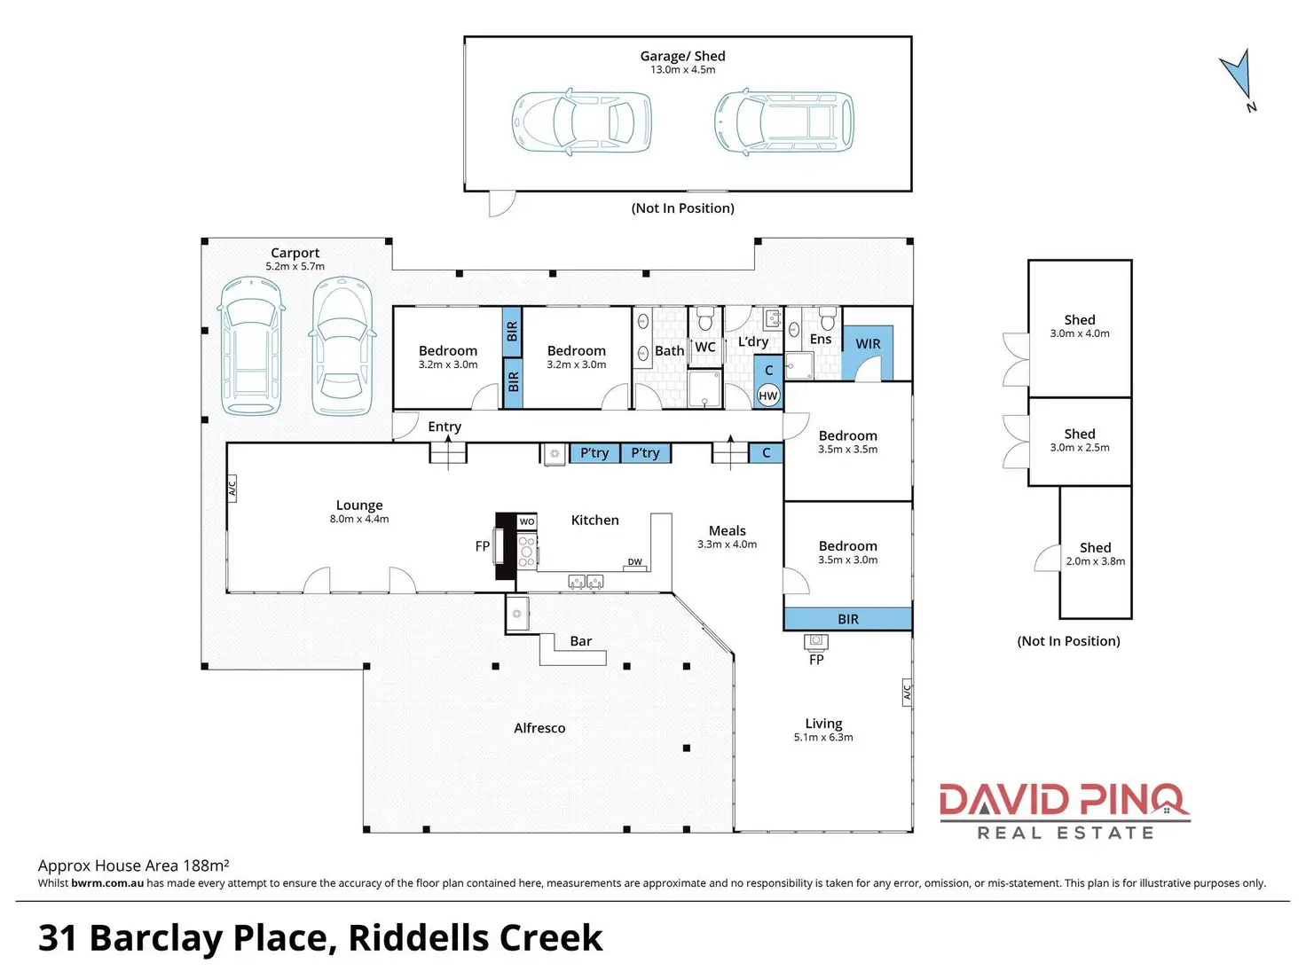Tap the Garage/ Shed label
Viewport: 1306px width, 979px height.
(x=682, y=56)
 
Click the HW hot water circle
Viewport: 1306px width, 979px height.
(x=768, y=396)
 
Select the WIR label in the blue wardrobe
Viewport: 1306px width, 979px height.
(x=868, y=344)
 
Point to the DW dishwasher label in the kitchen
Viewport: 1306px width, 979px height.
(x=635, y=561)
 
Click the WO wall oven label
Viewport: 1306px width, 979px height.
(x=527, y=521)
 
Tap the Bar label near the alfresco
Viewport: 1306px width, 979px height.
(x=580, y=641)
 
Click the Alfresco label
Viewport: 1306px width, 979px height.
(x=539, y=728)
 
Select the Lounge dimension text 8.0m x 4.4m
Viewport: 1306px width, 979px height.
(x=359, y=519)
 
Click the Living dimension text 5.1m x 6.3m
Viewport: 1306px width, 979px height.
(x=823, y=737)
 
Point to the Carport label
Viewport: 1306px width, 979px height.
(x=295, y=253)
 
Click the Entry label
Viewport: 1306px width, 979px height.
(x=445, y=427)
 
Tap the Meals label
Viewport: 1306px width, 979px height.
(x=727, y=530)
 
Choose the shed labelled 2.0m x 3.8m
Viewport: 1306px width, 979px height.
(x=1096, y=553)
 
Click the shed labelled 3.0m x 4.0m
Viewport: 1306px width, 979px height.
(x=1080, y=325)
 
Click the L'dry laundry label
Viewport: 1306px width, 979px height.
(x=752, y=341)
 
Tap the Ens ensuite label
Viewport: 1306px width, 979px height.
(x=821, y=339)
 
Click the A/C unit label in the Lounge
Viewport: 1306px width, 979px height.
(x=232, y=487)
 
